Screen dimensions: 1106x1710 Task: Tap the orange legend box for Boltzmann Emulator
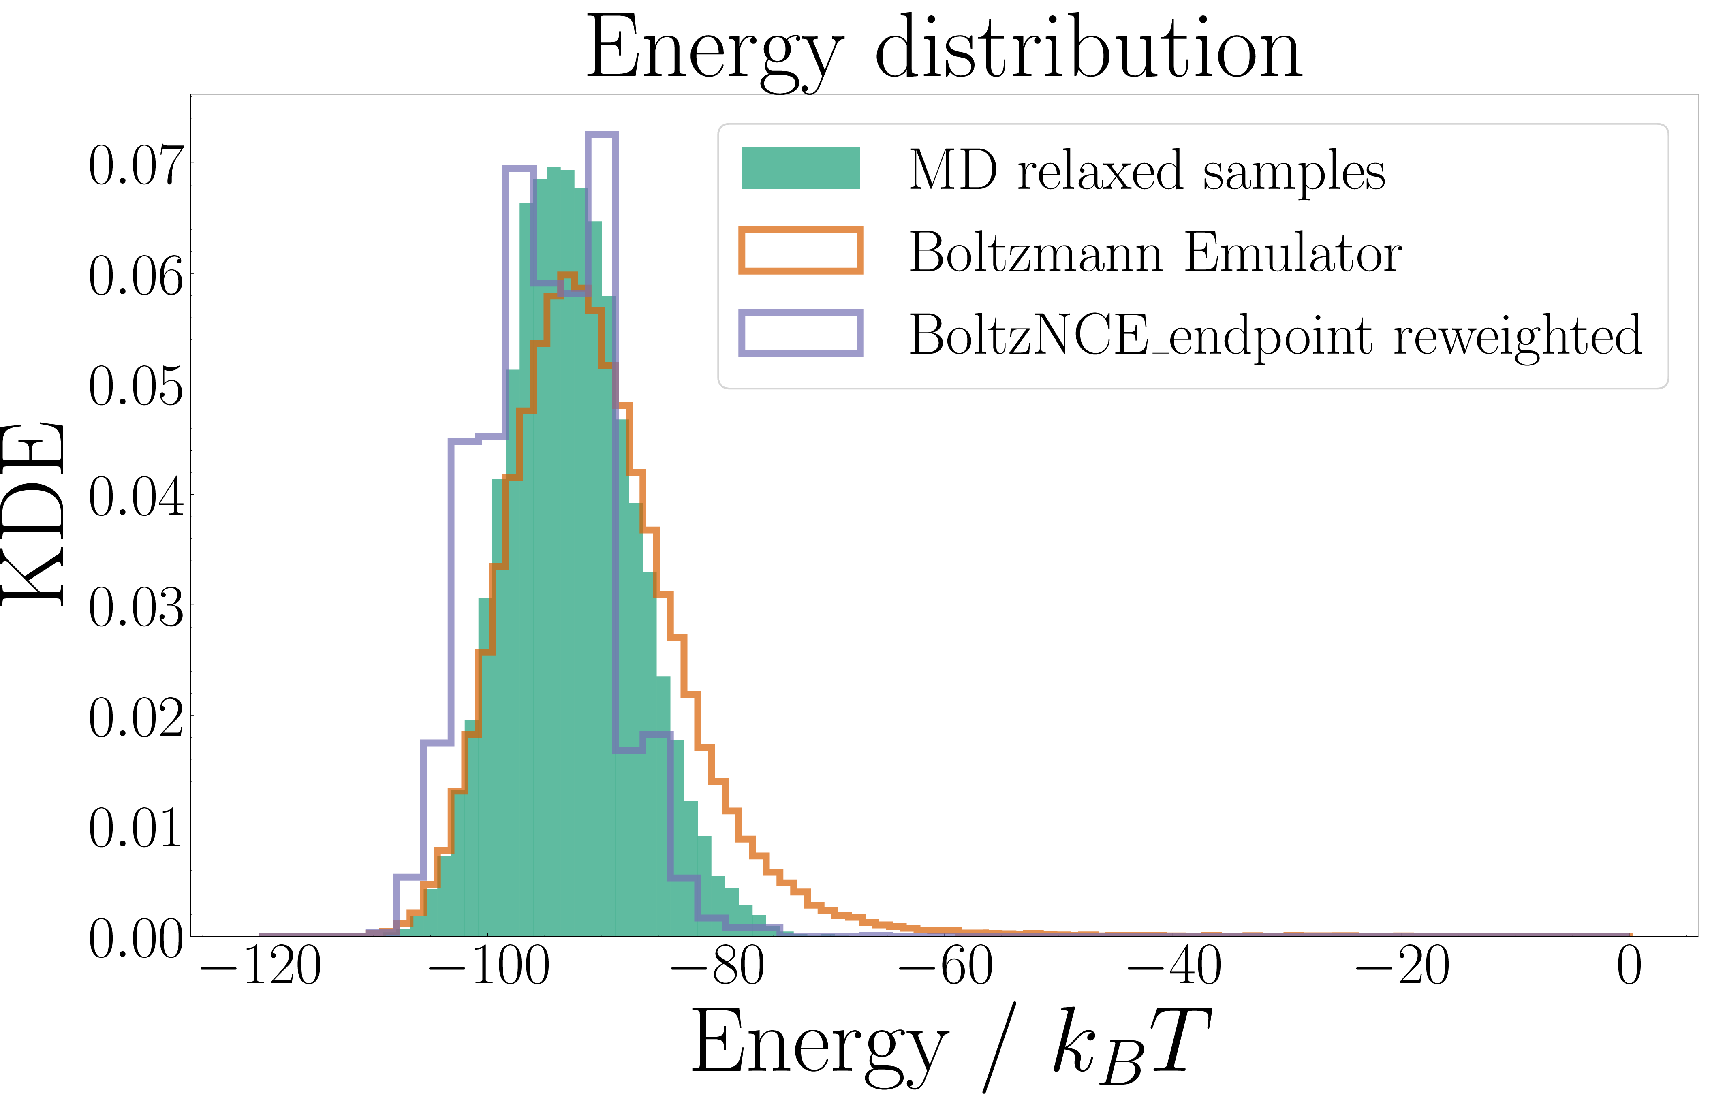(x=800, y=251)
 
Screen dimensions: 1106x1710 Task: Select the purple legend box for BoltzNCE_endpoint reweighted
(x=800, y=333)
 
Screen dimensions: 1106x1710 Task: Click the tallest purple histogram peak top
(x=601, y=135)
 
